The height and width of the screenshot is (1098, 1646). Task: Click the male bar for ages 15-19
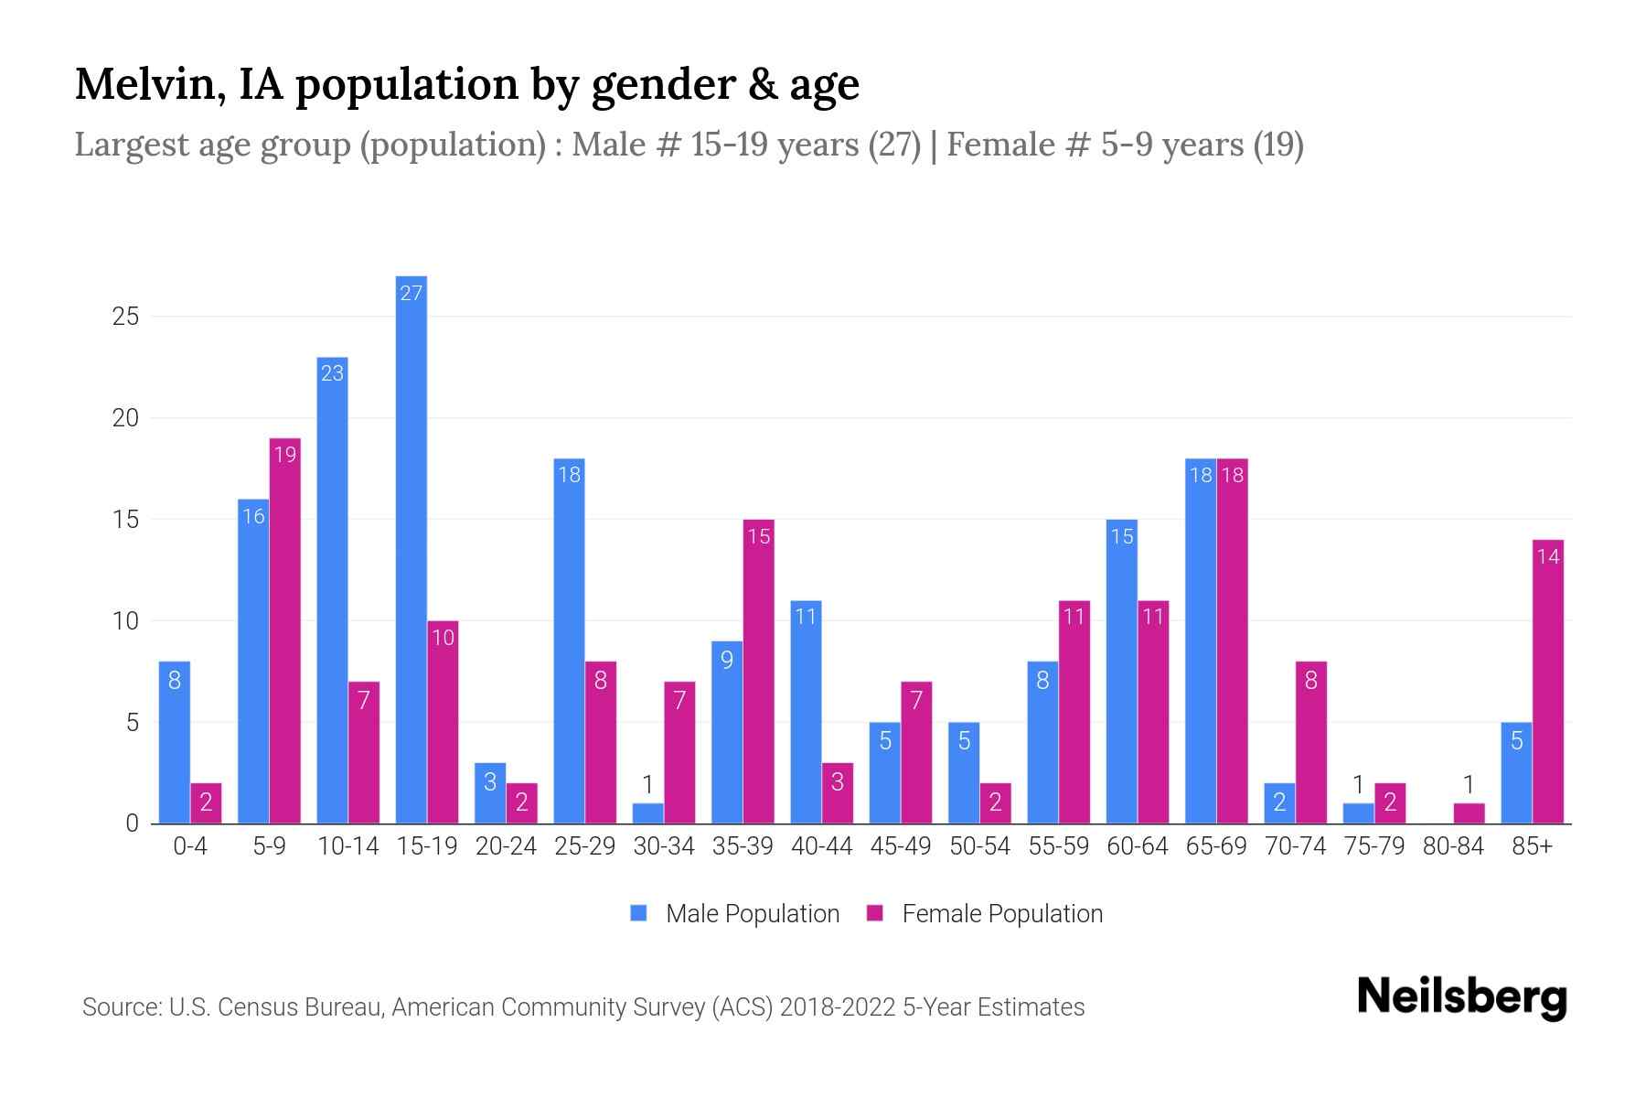pos(411,549)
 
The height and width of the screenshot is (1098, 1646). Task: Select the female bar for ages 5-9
pos(284,631)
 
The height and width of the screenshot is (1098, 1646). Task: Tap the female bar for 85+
pos(1547,682)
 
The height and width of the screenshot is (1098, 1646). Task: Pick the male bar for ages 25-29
pos(569,640)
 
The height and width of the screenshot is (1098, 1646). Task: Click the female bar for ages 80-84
pos(1469,813)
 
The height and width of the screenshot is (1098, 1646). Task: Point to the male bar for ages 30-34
pos(647,813)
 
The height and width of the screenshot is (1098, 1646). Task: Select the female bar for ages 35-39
pos(758,672)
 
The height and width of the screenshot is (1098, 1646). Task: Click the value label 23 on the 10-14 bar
pos(332,373)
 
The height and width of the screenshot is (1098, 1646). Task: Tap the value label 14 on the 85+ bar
pos(1547,556)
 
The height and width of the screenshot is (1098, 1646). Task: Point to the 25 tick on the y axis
pos(125,317)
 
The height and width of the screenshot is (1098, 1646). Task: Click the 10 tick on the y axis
pos(125,621)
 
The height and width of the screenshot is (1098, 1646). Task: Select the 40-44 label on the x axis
pos(821,846)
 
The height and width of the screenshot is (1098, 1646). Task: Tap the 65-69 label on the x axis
pos(1215,846)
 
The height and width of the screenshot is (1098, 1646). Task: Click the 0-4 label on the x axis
pos(190,846)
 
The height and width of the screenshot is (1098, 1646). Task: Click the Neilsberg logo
pos(1461,997)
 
